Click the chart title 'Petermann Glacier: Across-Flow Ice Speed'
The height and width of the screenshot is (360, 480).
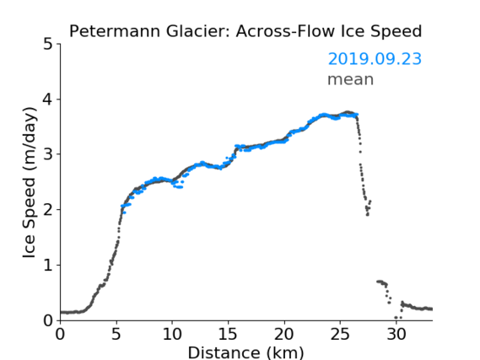coord(245,31)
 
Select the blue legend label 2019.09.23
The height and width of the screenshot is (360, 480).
coord(375,59)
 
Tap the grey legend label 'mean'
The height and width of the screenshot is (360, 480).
coord(351,80)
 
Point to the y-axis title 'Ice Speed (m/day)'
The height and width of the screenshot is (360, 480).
coord(30,183)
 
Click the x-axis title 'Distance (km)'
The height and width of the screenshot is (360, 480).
coord(245,352)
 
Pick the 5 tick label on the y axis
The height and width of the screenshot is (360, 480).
coord(48,45)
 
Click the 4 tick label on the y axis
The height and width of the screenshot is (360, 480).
coord(48,99)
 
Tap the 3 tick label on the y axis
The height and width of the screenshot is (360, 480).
coord(48,154)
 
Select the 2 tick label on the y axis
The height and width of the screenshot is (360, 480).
coord(48,210)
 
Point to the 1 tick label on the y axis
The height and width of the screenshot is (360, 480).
coord(48,266)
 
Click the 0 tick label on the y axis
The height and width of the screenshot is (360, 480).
coord(48,320)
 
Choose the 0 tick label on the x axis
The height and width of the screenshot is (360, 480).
coord(60,335)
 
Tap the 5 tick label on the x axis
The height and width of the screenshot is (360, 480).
coord(116,335)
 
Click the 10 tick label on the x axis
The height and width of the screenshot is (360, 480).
coord(172,335)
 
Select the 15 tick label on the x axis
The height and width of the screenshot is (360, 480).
coord(228,335)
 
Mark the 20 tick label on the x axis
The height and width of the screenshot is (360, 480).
coord(284,335)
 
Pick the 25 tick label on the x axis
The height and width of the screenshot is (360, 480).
coord(340,335)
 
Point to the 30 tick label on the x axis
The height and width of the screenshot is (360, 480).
coord(396,335)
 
